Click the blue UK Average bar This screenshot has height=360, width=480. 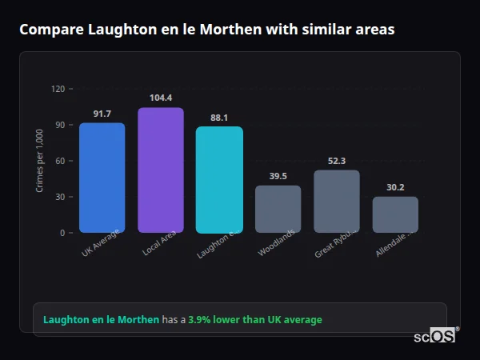click(x=102, y=178)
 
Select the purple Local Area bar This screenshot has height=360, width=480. click(x=161, y=170)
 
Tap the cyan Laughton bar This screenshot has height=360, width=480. click(x=219, y=180)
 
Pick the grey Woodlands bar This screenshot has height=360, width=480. click(x=278, y=209)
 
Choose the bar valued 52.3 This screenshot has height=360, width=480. click(x=337, y=202)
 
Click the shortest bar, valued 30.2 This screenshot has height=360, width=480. click(x=395, y=214)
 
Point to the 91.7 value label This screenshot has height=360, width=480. click(x=102, y=114)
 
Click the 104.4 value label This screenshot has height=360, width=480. click(x=161, y=98)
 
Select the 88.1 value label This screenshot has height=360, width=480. click(x=219, y=118)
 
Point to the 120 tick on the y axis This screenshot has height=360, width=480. click(x=58, y=89)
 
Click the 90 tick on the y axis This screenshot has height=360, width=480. click(x=60, y=125)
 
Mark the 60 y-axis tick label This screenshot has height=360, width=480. click(x=60, y=161)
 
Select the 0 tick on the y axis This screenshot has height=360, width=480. click(x=62, y=233)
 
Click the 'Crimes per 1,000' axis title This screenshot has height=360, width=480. click(x=40, y=161)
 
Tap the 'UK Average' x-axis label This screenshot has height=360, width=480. click(x=101, y=243)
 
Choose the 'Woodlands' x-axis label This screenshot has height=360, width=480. click(x=277, y=243)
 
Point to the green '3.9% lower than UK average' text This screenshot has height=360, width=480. click(x=255, y=320)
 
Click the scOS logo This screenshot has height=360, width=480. click(x=435, y=336)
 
